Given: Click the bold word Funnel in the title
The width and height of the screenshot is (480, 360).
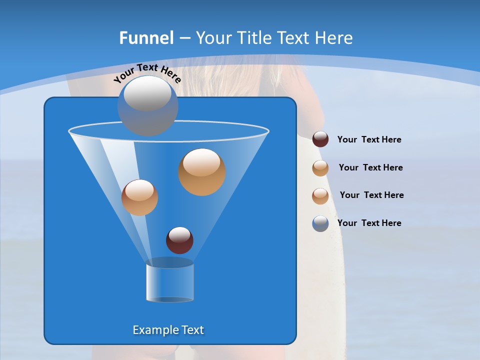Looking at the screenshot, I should (146, 38).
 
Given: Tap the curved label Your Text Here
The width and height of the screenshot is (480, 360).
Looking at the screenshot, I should (147, 72).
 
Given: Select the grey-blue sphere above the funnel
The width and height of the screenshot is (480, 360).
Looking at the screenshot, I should (148, 105).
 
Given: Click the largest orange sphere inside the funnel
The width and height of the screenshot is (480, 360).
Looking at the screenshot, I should (202, 172).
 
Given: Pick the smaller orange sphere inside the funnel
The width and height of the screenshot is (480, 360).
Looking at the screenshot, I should (139, 197).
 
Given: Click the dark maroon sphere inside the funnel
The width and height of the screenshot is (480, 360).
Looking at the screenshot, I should (179, 240).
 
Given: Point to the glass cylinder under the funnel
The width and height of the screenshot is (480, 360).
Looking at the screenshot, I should (170, 282).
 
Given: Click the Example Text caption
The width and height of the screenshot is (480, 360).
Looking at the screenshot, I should (168, 330).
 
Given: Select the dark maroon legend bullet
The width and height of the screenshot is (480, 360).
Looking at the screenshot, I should (320, 139).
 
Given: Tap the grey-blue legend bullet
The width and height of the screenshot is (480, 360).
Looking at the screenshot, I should (320, 223).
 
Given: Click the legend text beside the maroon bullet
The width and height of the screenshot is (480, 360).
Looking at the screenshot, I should (369, 139).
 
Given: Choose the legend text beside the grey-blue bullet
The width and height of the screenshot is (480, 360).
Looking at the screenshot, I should (369, 223).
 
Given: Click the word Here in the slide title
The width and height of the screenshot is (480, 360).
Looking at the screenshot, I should (334, 38).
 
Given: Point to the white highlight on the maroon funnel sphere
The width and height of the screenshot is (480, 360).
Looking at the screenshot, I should (179, 234).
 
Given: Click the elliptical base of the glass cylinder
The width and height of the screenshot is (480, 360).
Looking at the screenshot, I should (170, 299).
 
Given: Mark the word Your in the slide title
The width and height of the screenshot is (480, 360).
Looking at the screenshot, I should (213, 38).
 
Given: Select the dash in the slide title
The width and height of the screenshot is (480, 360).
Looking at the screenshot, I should (184, 38).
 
